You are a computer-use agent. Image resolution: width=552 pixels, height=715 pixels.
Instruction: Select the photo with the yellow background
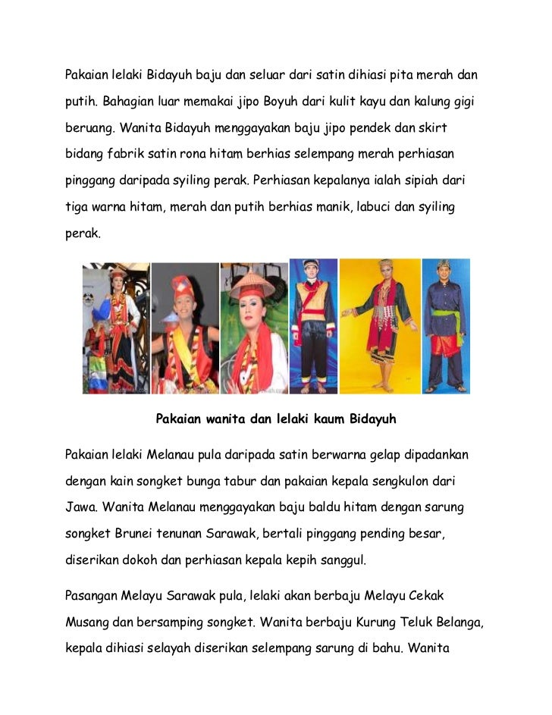pyautogui.click(x=379, y=326)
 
